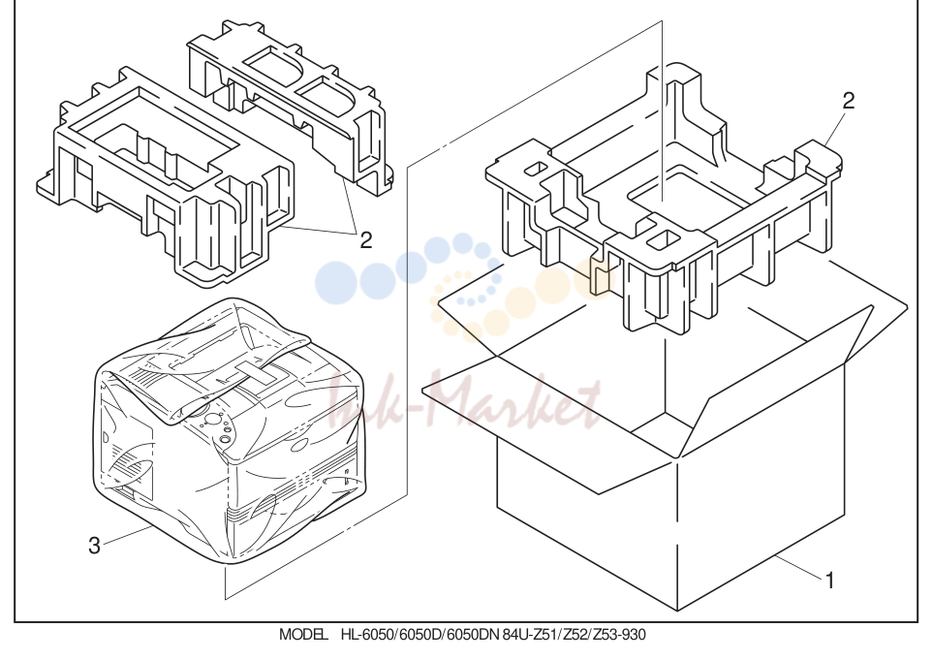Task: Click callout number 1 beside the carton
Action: [829, 581]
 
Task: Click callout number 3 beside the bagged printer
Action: [94, 545]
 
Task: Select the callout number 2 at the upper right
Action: [849, 101]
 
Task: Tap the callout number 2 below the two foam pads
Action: [366, 239]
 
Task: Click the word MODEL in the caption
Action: [303, 635]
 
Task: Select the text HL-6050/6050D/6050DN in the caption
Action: [420, 635]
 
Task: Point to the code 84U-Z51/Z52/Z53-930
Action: [574, 635]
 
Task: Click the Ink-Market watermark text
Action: [464, 400]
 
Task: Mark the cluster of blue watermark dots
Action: [405, 270]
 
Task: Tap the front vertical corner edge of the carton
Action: [678, 534]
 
